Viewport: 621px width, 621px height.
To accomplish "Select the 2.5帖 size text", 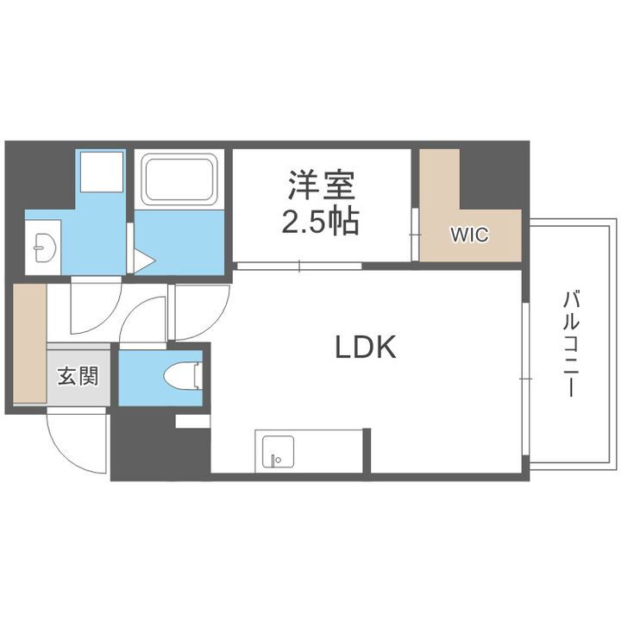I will [x=321, y=222].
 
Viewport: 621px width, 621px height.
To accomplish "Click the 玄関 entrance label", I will [x=78, y=376].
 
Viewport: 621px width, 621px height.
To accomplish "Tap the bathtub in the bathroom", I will [x=179, y=179].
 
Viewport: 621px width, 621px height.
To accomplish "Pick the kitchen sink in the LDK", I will [x=274, y=451].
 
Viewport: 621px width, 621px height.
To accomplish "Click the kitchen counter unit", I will [x=310, y=451].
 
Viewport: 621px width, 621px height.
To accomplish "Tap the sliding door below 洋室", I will [x=298, y=266].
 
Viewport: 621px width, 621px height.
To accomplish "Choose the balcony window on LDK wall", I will [x=524, y=379].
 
